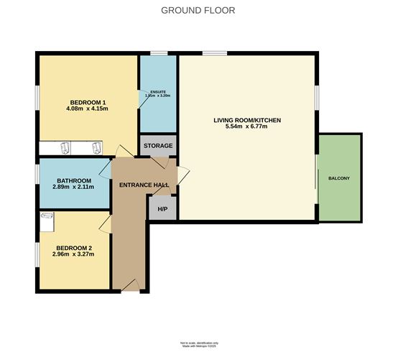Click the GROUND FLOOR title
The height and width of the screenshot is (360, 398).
pos(198,10)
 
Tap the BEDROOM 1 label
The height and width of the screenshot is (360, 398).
pos(89,101)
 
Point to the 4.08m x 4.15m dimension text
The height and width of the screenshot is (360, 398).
pos(89,109)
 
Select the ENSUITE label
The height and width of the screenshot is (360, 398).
pos(157,91)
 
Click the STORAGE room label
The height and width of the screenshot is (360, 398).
pos(157,146)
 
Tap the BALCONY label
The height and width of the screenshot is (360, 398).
pos(339,178)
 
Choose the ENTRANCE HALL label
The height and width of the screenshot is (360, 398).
pos(144,185)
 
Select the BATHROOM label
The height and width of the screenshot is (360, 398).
pos(72,180)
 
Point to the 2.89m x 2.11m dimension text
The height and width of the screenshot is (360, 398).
pos(72,188)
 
